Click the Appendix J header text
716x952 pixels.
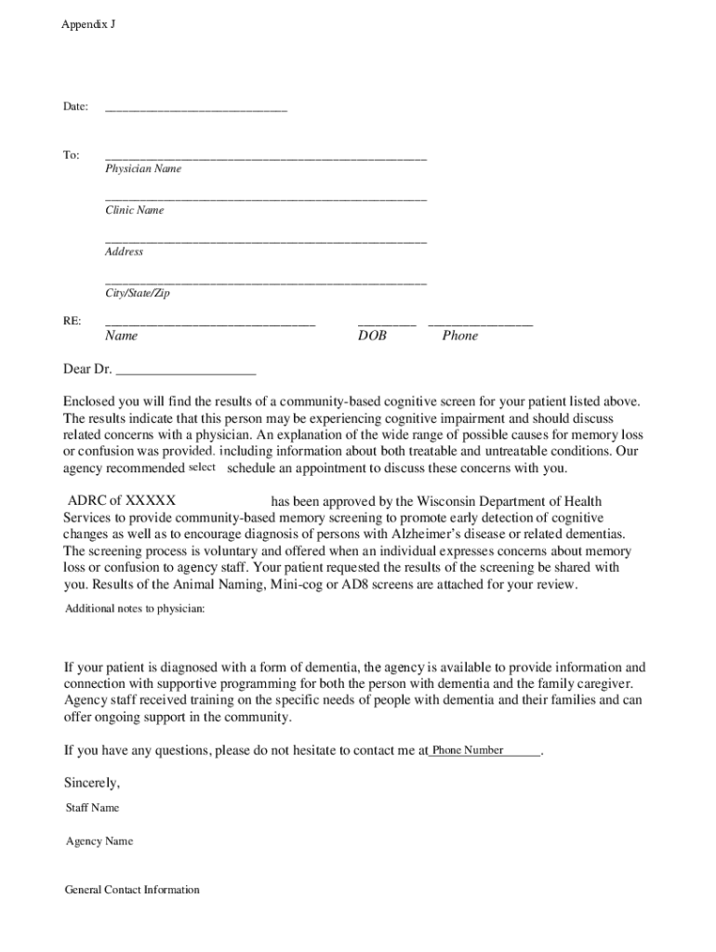click(88, 25)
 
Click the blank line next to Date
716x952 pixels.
click(196, 109)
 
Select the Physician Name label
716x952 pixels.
click(143, 169)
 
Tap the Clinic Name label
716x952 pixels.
click(134, 210)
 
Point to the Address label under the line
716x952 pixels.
click(124, 252)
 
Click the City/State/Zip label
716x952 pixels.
click(138, 293)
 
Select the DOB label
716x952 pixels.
click(372, 336)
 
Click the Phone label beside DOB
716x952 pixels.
click(459, 336)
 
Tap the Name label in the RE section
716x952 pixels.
click(121, 336)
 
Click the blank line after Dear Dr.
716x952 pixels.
click(185, 370)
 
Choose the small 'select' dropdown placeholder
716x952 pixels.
click(202, 467)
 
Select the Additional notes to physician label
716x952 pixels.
click(135, 609)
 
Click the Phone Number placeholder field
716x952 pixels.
click(468, 750)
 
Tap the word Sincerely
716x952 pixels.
click(91, 783)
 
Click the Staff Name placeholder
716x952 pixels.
click(92, 808)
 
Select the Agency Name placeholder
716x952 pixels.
click(99, 841)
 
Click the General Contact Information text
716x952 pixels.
click(132, 890)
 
